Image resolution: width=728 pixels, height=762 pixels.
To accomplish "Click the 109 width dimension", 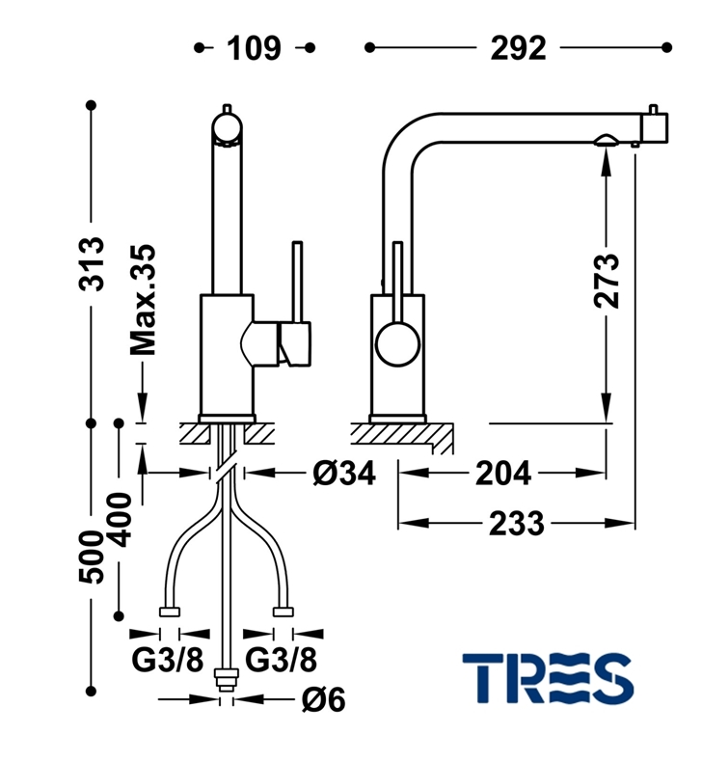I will tap(254, 47).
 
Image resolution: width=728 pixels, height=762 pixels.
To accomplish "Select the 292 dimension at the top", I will tap(519, 47).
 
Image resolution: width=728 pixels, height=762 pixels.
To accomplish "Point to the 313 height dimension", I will tap(92, 263).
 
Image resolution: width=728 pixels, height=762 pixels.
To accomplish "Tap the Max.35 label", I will tap(144, 300).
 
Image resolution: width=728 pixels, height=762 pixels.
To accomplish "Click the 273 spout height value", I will tap(607, 281).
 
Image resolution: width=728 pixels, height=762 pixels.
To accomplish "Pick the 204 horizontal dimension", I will tap(502, 473).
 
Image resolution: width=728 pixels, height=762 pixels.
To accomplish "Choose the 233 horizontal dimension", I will tap(516, 524).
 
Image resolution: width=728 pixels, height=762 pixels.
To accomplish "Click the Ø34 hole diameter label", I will tap(343, 473).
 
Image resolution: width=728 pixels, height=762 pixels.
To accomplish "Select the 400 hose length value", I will tap(120, 519).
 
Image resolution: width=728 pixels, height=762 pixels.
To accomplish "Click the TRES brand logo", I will tap(547, 677).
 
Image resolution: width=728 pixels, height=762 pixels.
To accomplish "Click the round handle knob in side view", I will tap(396, 343).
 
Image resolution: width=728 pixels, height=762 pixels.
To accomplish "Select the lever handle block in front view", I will tap(295, 343).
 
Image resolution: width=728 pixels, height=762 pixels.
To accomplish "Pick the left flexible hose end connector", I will tap(170, 612).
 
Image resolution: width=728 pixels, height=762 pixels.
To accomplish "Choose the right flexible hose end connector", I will tap(283, 612).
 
